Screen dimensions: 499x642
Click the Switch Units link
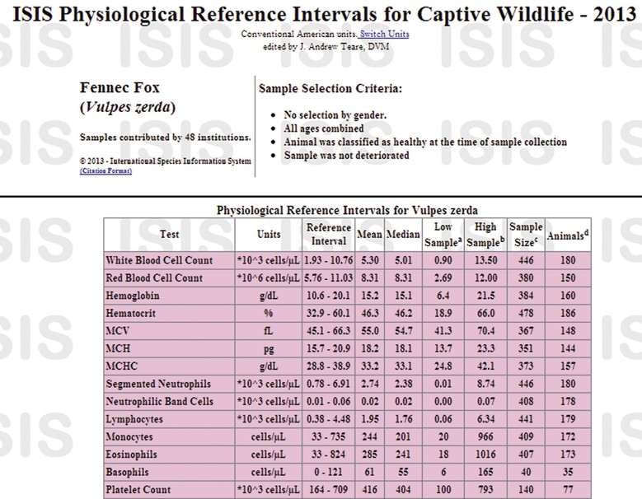384,34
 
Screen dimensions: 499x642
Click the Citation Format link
105,170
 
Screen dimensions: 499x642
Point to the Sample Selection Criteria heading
330,88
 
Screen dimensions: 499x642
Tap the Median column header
404,234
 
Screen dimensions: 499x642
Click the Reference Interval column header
328,234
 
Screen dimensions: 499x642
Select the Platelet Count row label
138,490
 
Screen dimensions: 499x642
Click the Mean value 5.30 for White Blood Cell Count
369,260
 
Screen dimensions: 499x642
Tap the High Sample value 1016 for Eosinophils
485,455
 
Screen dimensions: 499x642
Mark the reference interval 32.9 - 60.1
328,314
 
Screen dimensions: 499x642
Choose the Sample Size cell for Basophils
524,473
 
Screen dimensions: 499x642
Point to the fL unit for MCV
269,331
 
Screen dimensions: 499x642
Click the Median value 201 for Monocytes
404,436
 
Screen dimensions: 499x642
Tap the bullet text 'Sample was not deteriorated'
346,155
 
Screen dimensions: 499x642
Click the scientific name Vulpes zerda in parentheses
128,107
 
